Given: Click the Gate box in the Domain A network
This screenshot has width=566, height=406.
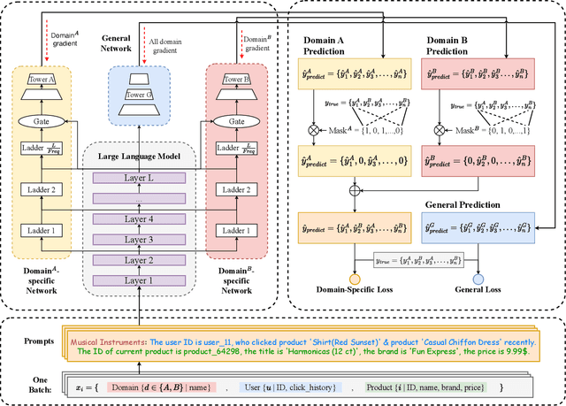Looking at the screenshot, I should pos(43,120).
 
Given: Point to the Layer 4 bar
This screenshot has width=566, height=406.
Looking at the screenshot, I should pos(141,219).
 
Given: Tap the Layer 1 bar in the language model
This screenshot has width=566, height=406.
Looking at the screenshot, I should pos(141,280).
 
